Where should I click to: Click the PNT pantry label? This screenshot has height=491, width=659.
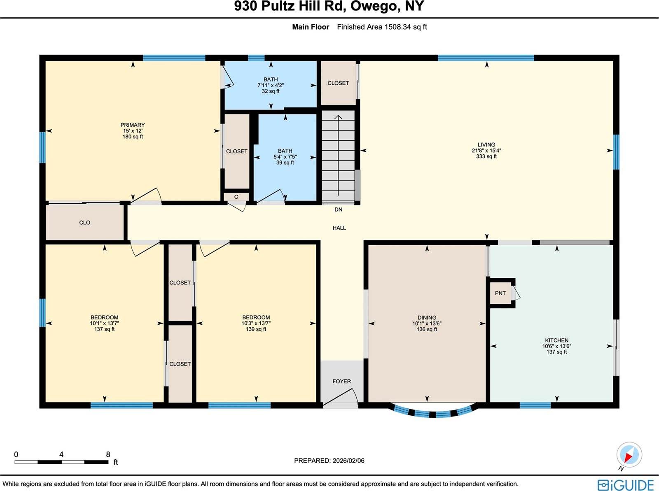500,293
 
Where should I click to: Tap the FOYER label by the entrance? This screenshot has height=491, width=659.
341,382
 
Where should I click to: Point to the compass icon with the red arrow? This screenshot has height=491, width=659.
629,455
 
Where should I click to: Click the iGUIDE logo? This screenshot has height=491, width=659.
626,485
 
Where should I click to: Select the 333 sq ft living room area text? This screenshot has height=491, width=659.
486,156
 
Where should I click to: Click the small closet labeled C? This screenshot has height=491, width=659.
236,197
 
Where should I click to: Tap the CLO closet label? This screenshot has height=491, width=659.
84,223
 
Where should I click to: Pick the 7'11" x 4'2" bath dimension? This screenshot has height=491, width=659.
271,85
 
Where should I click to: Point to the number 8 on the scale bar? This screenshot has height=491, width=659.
108,454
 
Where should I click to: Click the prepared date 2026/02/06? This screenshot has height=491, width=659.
348,461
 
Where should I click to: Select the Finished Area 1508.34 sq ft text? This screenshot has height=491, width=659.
382,27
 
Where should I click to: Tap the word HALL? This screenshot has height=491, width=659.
339,228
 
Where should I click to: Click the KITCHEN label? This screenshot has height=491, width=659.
556,340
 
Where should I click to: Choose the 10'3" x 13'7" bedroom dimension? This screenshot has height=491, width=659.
256,323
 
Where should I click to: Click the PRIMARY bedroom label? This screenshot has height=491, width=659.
132,125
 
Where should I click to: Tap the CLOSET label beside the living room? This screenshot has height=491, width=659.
338,83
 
